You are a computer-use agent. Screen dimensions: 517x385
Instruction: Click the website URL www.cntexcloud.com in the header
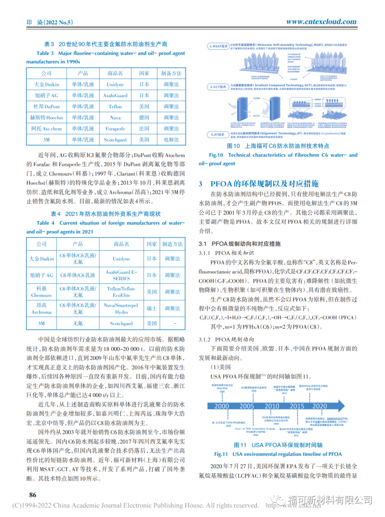(321, 21)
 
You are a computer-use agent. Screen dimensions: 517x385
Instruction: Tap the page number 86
(33, 495)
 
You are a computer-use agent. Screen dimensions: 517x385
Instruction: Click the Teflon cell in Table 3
(115, 106)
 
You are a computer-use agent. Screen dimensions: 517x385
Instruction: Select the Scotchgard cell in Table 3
(115, 140)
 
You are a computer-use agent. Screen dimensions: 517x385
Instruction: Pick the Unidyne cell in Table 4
(121, 258)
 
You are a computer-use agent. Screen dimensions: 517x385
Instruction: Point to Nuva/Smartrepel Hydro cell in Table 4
(121, 308)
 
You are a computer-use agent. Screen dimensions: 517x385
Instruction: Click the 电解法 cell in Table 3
(171, 140)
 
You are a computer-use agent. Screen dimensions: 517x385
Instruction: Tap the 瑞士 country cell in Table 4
(152, 308)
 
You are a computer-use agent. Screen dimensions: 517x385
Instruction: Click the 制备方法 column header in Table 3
(171, 73)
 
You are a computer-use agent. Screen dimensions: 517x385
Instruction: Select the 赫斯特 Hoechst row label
(46, 117)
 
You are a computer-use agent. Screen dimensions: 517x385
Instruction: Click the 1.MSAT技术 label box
(218, 46)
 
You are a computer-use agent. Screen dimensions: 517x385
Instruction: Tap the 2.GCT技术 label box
(218, 87)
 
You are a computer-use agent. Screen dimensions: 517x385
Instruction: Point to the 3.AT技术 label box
(217, 135)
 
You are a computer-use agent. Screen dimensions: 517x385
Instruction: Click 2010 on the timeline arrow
(272, 406)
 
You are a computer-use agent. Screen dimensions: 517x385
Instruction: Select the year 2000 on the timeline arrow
(222, 406)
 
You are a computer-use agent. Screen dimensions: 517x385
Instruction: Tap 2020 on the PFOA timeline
(319, 406)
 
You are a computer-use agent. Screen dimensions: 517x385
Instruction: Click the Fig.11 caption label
(221, 454)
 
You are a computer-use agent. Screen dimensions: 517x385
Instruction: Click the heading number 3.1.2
(205, 339)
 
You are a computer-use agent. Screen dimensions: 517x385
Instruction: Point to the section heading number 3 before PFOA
(201, 184)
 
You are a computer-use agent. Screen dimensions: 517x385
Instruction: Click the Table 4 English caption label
(45, 223)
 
